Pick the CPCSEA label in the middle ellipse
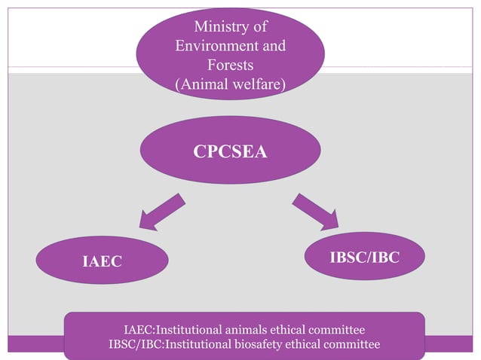pos(230,151)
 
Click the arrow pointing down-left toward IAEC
pos(160,212)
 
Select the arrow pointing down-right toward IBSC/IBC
pos(315,211)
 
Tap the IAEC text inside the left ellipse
pos(102,261)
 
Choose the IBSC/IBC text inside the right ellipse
pos(364,258)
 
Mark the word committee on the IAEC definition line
pos(336,331)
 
